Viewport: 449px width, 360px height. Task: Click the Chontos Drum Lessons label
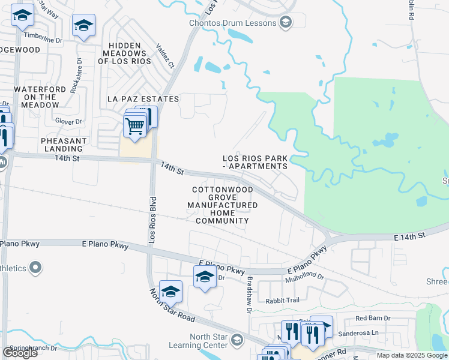point(240,23)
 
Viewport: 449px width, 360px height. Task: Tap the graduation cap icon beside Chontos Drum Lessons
point(285,23)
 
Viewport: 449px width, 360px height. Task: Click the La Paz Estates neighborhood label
point(143,98)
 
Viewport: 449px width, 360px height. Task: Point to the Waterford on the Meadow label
point(40,97)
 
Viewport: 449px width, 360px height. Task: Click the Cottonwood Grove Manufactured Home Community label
point(222,205)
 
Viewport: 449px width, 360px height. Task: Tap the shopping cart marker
point(135,127)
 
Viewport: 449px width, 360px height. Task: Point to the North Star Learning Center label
point(209,341)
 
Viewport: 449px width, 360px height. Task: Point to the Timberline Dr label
point(48,40)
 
